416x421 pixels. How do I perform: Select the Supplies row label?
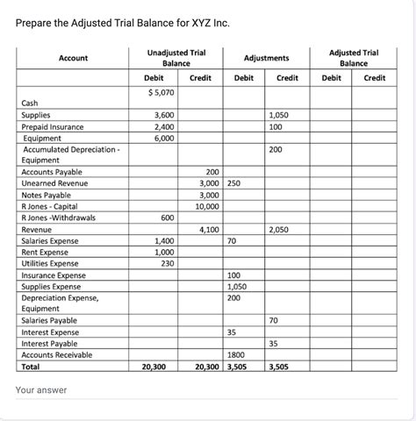36,115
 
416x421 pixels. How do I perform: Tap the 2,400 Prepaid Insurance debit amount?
163,126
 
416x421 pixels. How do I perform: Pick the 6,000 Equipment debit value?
163,138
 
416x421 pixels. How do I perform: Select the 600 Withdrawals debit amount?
166,218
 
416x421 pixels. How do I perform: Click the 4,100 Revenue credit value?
209,230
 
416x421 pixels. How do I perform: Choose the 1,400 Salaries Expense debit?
163,241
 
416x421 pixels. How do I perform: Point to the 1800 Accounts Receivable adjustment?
235,355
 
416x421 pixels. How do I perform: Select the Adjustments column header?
264,58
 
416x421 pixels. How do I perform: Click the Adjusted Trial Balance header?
354,58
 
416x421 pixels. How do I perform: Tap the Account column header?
72,58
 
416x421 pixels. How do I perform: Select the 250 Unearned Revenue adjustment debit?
233,183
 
